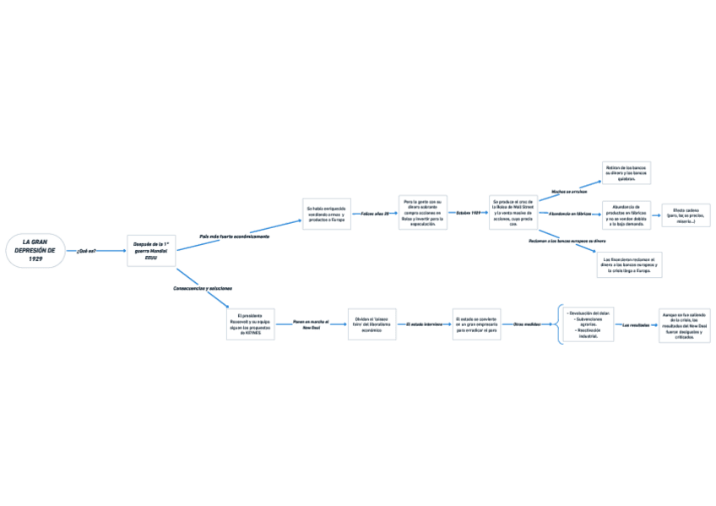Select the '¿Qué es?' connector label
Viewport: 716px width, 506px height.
pyautogui.click(x=86, y=251)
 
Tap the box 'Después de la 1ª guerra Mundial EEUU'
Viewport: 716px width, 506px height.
pyautogui.click(x=151, y=251)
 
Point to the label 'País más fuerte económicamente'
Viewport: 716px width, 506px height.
pyautogui.click(x=234, y=237)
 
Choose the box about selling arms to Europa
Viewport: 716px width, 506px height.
pyautogui.click(x=326, y=215)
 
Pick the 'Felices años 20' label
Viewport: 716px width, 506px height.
pyautogui.click(x=375, y=214)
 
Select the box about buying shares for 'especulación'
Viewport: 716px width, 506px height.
pyautogui.click(x=422, y=214)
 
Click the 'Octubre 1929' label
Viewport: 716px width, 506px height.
pyautogui.click(x=469, y=213)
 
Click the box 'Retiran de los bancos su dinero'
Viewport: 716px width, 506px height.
pyautogui.click(x=626, y=172)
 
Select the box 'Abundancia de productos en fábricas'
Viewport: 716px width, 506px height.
pyautogui.click(x=626, y=215)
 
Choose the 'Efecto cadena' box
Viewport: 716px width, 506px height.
pyautogui.click(x=686, y=215)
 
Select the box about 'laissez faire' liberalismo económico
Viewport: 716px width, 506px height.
pyautogui.click(x=372, y=324)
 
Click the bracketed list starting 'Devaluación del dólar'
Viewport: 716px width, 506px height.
pyautogui.click(x=589, y=324)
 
